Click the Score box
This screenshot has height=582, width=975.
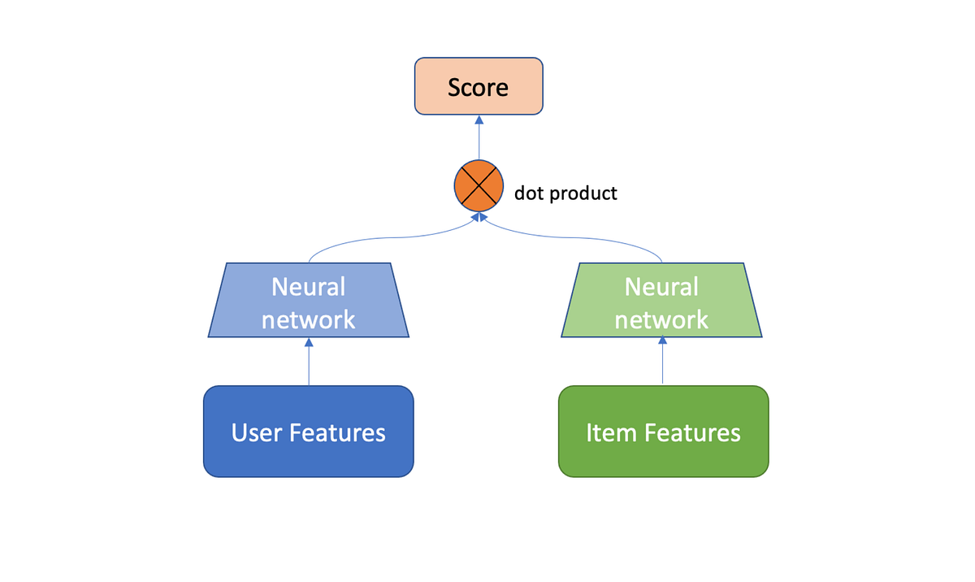tap(479, 85)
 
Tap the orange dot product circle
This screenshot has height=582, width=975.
tap(479, 185)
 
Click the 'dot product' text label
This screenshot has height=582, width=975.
tap(565, 193)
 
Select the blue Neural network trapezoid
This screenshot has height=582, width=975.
tap(309, 300)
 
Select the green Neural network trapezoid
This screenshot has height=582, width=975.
tap(661, 300)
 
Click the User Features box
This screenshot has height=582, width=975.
tap(309, 432)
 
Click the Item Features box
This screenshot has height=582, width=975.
tap(663, 432)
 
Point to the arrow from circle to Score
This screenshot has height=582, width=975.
tap(479, 138)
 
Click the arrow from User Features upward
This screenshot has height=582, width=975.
tap(309, 362)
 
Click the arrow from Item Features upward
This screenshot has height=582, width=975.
tap(662, 362)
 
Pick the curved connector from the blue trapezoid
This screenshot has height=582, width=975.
tap(382, 239)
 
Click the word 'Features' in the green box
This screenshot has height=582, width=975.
tap(691, 432)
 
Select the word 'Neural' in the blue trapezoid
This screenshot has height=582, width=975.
tap(309, 287)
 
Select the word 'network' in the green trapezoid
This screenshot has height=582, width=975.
tap(661, 319)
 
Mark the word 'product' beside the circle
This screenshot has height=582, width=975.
tap(583, 194)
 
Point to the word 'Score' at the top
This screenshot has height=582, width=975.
tap(479, 86)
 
